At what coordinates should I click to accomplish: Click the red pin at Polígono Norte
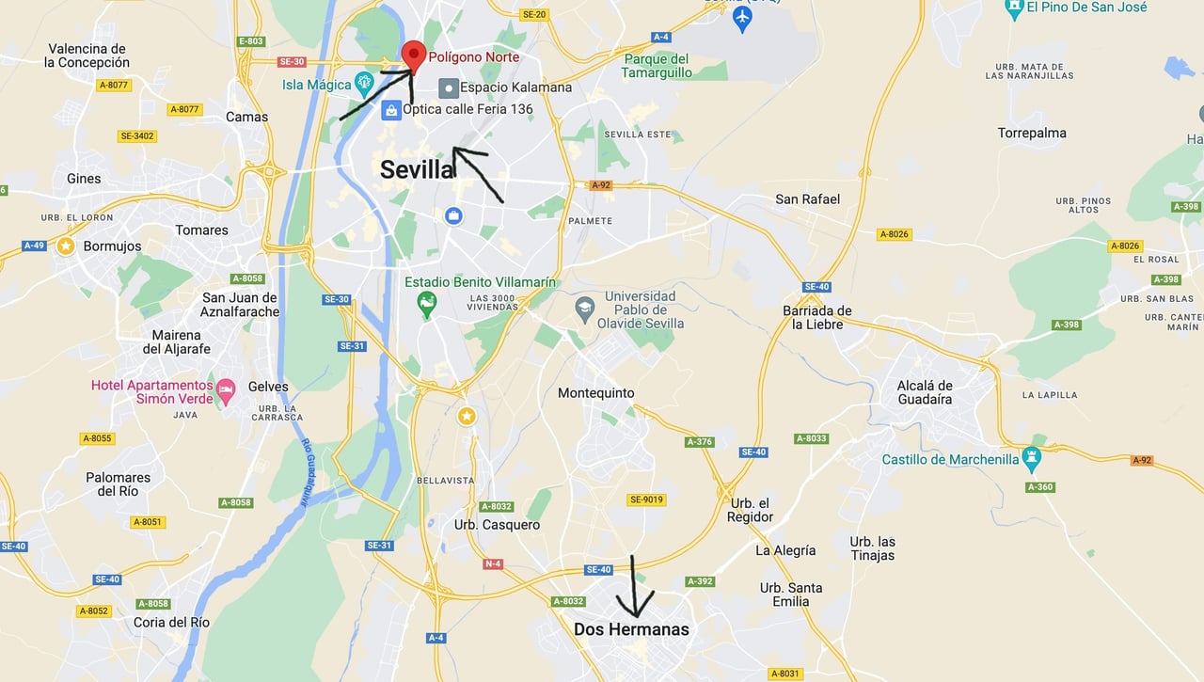[413, 55]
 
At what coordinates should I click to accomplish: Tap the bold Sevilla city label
[418, 169]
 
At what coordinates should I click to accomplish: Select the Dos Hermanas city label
[631, 629]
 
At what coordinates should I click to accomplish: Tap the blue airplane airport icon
[742, 19]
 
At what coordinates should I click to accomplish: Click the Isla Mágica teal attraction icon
[365, 85]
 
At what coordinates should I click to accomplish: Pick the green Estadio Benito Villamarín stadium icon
[427, 304]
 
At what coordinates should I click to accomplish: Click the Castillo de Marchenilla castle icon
[1033, 460]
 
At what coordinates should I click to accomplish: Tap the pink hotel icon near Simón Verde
[225, 389]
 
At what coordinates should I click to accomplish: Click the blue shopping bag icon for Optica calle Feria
[390, 110]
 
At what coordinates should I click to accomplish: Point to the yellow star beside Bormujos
[66, 246]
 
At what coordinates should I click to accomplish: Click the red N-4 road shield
[493, 563]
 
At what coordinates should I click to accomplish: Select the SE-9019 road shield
[646, 500]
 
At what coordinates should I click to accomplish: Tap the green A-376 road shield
[699, 441]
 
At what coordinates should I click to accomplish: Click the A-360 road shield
[1040, 487]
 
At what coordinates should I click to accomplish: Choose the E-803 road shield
[251, 41]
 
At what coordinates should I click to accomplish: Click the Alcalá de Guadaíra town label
[925, 392]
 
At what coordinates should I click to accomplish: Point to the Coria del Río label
[172, 622]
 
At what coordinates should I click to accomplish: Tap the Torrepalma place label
[1032, 133]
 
